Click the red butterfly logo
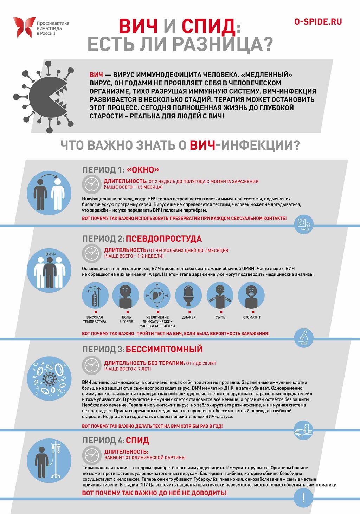pyautogui.click(x=24, y=27)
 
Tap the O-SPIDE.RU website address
pyautogui.click(x=318, y=22)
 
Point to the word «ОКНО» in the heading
pyautogui.click(x=143, y=170)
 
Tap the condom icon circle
pyautogui.click(x=303, y=224)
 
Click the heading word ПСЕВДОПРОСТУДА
pyautogui.click(x=163, y=239)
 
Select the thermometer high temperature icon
pyautogui.click(x=95, y=295)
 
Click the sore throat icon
pyautogui.click(x=126, y=295)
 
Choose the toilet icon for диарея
pyautogui.click(x=189, y=295)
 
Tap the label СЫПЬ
pyautogui.click(x=220, y=317)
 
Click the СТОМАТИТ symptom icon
pyautogui.click(x=252, y=295)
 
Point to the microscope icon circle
pyautogui.click(x=303, y=338)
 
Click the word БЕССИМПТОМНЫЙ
pyautogui.click(x=164, y=349)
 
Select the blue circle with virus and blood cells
pyautogui.click(x=49, y=379)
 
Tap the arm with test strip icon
pyautogui.click(x=303, y=430)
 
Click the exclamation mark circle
pyautogui.click(x=303, y=497)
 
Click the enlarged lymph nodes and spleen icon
pyautogui.click(x=157, y=295)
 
